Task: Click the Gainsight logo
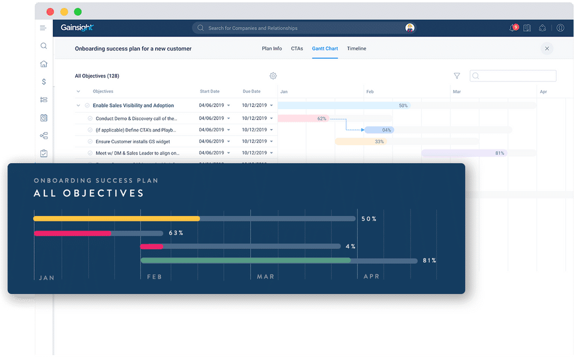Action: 77,28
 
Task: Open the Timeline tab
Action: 356,49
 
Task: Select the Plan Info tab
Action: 272,49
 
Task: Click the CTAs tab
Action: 297,49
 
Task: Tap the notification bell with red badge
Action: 513,28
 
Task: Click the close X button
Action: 547,49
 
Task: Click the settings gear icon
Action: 273,76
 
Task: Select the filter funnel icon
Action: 457,76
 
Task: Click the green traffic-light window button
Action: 78,12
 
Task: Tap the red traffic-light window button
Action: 50,12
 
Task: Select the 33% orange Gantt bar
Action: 361,142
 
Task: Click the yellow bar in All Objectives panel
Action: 116,218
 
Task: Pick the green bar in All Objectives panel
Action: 245,260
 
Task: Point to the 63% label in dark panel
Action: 176,233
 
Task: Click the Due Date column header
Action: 251,92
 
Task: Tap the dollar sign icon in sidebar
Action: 44,82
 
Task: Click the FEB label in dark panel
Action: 154,277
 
